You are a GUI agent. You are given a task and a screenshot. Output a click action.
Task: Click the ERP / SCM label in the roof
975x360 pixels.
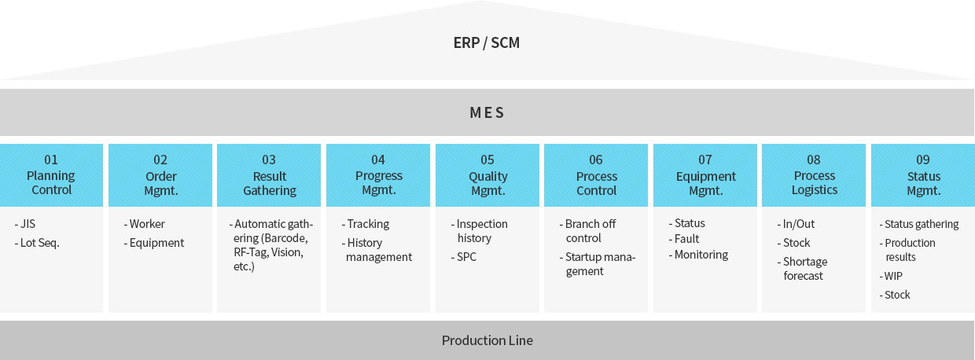tap(486, 42)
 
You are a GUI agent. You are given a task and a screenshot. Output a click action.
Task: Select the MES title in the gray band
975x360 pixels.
tap(487, 112)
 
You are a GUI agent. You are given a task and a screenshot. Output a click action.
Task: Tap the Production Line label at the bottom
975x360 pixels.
tap(487, 340)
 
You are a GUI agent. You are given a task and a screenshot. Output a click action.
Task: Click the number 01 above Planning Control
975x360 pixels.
tap(51, 160)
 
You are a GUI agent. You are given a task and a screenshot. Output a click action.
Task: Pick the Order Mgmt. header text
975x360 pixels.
tap(160, 183)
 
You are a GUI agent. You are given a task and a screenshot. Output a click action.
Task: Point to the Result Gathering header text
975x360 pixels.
tap(270, 183)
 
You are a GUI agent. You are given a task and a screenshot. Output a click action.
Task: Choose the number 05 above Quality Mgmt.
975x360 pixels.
tap(487, 160)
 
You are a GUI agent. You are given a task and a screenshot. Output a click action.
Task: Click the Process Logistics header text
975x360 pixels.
tap(814, 183)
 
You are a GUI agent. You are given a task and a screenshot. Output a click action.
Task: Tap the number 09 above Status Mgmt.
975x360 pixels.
tap(923, 160)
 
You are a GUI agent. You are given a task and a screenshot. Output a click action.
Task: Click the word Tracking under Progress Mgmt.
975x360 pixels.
tap(368, 224)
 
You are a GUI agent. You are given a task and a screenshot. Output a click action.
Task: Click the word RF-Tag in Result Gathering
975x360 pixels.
tap(250, 252)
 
